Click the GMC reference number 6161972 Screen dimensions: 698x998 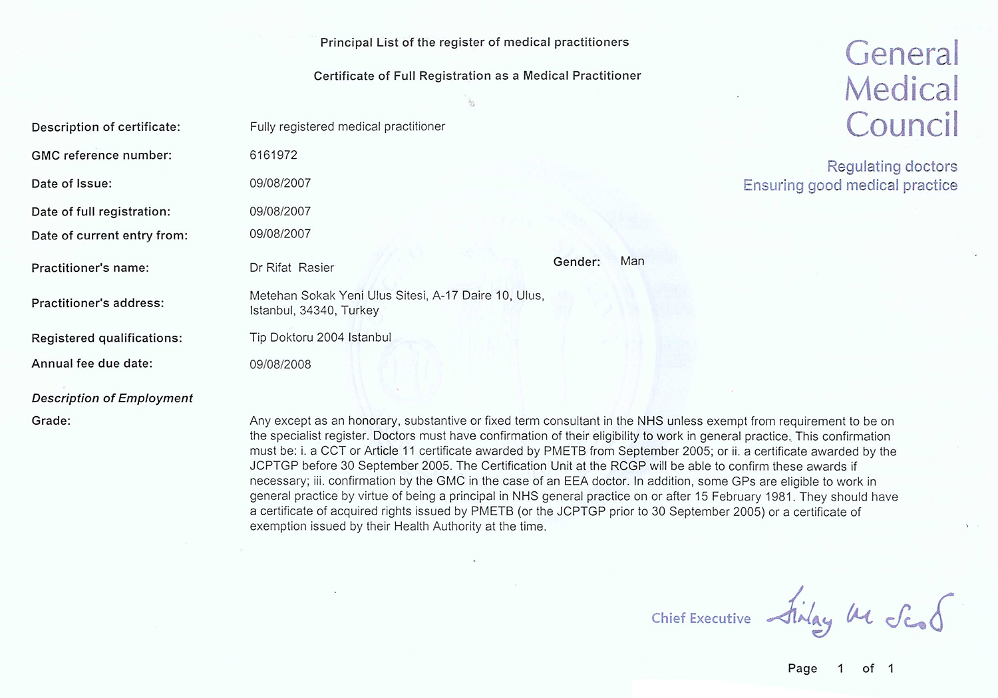273,155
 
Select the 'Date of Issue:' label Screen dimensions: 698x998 72,183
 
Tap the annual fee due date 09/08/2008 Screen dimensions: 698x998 280,364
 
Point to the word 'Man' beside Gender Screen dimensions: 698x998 632,261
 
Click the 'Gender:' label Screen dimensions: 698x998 576,262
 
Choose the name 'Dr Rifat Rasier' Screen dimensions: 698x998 291,268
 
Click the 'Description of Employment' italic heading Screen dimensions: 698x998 112,398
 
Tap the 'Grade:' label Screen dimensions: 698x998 51,421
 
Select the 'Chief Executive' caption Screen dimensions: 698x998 701,618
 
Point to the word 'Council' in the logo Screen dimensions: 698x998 902,124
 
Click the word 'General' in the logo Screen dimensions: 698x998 902,54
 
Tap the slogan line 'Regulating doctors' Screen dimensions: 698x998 892,166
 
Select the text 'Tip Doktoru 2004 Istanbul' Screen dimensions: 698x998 320,338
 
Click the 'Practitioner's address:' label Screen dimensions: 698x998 98,303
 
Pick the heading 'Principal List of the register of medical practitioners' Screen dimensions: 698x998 474,43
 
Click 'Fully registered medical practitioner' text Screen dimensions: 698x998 347,126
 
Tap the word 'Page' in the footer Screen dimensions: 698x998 802,668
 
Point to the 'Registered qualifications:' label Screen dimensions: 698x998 107,338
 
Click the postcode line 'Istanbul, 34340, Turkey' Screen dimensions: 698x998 314,310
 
